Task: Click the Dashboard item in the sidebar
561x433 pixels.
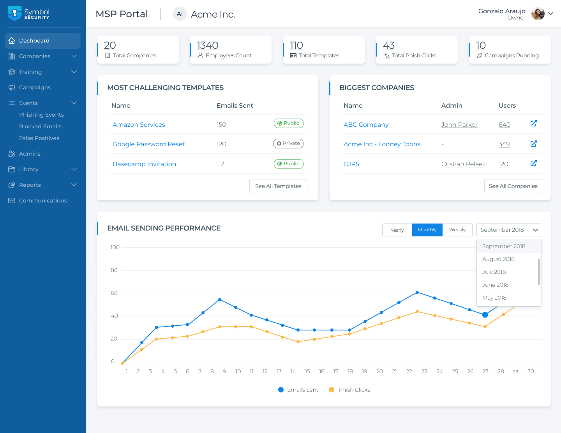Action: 34,41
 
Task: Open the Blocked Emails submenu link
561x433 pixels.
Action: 40,126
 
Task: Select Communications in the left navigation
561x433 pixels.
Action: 43,201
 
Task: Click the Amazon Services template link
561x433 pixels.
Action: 139,124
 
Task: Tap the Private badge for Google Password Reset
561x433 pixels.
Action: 288,144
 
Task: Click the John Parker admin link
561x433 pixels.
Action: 459,124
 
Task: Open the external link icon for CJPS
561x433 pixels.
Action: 534,163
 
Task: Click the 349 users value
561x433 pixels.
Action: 504,144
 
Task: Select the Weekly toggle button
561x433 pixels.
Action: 457,230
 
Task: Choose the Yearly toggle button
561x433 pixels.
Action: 397,230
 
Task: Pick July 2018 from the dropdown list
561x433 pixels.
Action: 494,272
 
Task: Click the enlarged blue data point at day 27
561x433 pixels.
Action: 485,315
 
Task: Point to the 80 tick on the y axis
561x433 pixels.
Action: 114,270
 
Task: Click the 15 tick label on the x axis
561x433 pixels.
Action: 307,371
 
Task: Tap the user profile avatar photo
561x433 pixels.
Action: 538,14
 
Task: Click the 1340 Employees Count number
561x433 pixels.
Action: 207,45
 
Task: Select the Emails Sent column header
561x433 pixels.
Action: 235,105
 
